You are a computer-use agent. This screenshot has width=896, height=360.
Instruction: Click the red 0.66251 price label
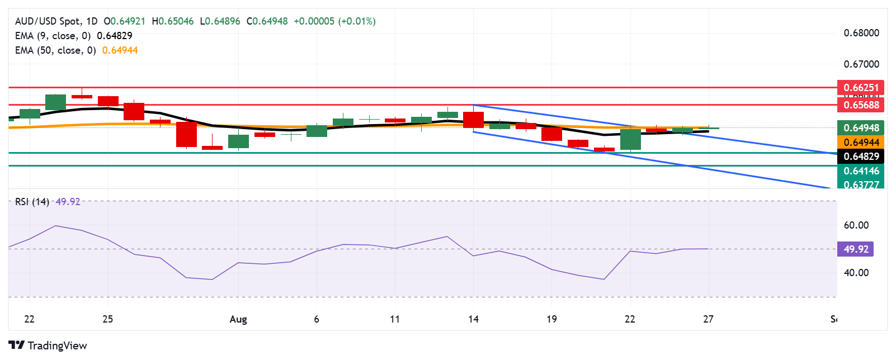[x=861, y=88]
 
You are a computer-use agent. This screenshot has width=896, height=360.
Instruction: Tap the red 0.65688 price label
[x=861, y=105]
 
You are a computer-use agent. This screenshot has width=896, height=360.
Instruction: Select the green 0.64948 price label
[x=861, y=128]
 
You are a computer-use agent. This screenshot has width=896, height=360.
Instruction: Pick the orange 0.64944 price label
[x=861, y=143]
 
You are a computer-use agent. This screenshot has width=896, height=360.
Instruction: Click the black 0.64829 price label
[x=861, y=157]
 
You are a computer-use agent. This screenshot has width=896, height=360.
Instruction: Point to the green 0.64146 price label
[x=861, y=171]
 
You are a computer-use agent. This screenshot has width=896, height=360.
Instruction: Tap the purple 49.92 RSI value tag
[x=855, y=249]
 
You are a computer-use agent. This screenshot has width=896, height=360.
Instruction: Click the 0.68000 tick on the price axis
[x=861, y=33]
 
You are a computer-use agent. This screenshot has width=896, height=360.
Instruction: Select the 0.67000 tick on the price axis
[x=861, y=64]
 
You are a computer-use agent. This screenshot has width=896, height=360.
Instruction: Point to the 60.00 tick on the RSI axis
[x=856, y=225]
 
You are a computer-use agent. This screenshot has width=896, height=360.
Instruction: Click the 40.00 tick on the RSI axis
[x=856, y=273]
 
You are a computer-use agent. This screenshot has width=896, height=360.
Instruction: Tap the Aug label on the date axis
[x=238, y=319]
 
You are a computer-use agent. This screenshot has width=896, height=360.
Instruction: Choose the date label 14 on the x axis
[x=473, y=319]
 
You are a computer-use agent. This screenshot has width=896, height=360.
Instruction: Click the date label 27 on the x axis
[x=708, y=319]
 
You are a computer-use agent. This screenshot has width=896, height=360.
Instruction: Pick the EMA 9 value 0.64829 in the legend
[x=115, y=36]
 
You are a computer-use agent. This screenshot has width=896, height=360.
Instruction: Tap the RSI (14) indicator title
[x=32, y=202]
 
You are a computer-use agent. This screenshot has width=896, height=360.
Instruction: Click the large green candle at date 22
[x=630, y=139]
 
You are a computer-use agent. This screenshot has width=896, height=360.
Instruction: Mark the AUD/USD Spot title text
[x=48, y=21]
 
